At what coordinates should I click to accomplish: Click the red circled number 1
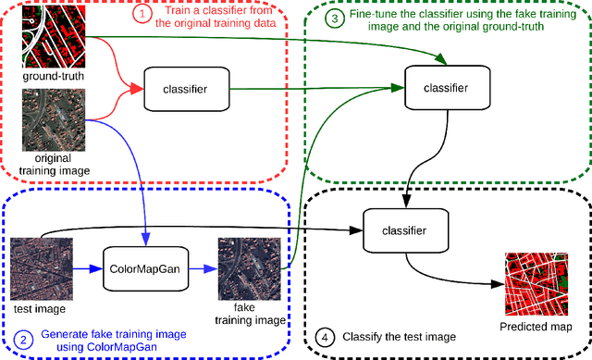point(142,16)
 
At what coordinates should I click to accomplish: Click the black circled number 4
point(323,338)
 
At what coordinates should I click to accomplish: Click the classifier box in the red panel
point(185,89)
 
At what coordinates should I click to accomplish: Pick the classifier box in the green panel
point(446,88)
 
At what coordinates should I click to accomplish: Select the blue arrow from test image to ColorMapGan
point(87,268)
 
